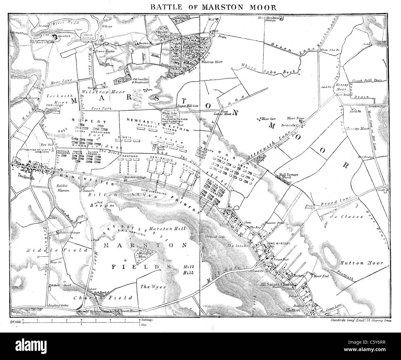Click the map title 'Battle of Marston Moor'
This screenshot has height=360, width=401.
click(201, 7)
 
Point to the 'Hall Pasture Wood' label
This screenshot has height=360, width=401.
click(289, 177)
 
